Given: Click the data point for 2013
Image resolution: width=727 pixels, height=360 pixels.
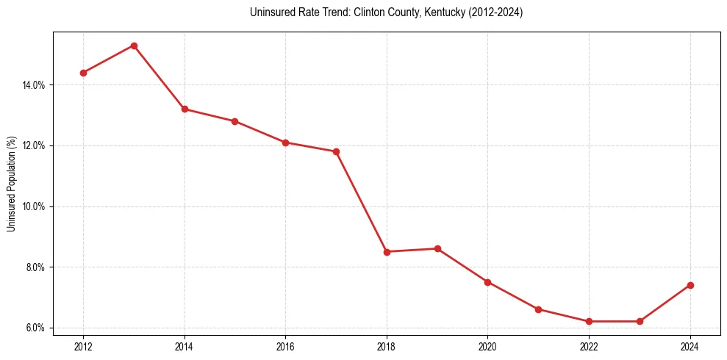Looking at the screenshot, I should (134, 46).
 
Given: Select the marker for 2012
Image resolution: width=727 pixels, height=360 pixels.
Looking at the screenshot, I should (83, 73).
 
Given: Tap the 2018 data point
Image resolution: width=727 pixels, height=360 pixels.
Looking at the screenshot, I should (387, 252).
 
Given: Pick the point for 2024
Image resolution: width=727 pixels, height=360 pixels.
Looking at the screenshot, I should (690, 285).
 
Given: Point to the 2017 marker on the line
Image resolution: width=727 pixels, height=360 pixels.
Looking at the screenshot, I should (336, 151).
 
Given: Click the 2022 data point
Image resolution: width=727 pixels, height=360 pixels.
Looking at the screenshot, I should (589, 321).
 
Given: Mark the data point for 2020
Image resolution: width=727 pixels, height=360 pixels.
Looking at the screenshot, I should (487, 282).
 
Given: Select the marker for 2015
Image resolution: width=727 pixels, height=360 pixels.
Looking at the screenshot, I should (234, 121).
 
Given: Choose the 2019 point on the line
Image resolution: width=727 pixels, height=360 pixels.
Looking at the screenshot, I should (437, 248).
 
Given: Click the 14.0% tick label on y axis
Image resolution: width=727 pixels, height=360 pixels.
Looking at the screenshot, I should (34, 85).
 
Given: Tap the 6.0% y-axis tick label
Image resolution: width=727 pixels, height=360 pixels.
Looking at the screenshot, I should (35, 328).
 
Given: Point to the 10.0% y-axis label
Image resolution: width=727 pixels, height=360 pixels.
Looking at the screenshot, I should (34, 206).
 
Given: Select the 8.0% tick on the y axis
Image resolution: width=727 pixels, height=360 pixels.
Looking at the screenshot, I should (35, 267).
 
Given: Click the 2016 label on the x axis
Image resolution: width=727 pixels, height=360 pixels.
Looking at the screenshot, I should (285, 346).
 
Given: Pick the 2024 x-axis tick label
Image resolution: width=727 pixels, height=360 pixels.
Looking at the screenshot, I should (690, 346).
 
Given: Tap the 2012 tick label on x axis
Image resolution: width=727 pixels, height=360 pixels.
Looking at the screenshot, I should (83, 346).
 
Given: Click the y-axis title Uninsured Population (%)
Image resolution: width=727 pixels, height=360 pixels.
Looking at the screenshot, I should (11, 184).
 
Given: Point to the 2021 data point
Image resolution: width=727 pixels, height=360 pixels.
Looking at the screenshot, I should (538, 309).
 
